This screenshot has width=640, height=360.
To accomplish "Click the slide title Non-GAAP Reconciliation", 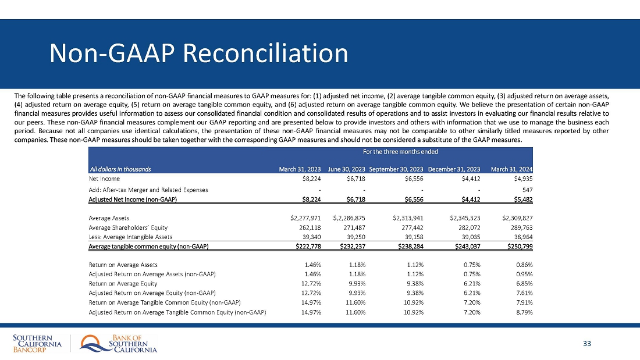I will coord(198,54).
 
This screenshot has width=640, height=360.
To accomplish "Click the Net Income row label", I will coord(101,179).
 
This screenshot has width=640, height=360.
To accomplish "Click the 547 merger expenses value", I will coord(527,190).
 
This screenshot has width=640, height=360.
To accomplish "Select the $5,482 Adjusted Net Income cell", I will coord(521,199).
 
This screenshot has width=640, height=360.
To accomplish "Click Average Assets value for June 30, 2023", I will coord(346,218).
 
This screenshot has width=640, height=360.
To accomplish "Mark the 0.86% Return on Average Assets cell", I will coord(523,265).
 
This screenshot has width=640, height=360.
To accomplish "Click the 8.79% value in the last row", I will coord(523,312).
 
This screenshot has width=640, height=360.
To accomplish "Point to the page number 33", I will coord(586,344).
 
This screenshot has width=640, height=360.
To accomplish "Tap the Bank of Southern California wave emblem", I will coord(92,344).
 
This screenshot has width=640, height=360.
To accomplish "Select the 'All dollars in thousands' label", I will coord(120,169).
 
